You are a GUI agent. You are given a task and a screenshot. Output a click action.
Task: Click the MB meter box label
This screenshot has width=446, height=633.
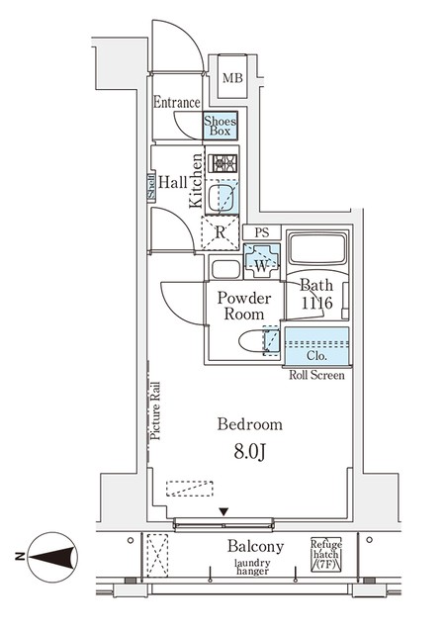[x=232, y=77]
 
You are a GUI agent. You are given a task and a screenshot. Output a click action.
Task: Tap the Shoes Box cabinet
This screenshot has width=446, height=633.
[x=220, y=126]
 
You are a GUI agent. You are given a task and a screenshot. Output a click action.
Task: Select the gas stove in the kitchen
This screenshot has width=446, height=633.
[x=223, y=163]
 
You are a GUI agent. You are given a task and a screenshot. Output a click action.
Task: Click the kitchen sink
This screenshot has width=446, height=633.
[x=221, y=198]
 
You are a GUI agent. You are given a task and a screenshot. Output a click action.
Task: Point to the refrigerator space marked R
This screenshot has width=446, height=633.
[x=220, y=233]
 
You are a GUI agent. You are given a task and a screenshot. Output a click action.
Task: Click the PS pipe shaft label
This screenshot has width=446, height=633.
[x=261, y=232]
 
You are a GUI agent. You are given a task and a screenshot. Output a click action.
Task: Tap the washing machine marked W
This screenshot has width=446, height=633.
[x=261, y=261]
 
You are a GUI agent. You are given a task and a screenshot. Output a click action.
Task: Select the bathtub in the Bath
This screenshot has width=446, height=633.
[x=317, y=248]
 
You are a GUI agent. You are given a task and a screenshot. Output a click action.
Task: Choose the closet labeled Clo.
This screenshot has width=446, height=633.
[x=316, y=346]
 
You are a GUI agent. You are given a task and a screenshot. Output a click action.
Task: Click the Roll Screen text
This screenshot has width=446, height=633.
[x=316, y=375]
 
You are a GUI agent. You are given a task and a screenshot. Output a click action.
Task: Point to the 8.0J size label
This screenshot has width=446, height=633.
[x=250, y=453]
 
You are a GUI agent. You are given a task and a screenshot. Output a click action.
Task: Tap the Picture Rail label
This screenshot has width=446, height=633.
[x=155, y=411]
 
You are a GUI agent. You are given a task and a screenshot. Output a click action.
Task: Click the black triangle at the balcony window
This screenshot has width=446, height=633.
[x=224, y=512]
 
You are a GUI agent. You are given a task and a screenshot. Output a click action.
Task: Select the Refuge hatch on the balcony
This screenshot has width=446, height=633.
[x=326, y=554]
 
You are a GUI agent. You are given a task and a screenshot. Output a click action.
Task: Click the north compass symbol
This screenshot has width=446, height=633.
[x=52, y=557]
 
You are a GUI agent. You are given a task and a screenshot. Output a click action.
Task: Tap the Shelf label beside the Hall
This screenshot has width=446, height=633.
[x=151, y=188]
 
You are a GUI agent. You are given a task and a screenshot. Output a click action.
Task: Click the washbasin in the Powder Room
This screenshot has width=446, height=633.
[x=225, y=270]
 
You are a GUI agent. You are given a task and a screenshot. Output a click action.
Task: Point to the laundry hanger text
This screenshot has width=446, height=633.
[x=252, y=567]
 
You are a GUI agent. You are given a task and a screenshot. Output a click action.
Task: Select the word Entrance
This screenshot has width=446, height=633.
[x=176, y=102]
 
